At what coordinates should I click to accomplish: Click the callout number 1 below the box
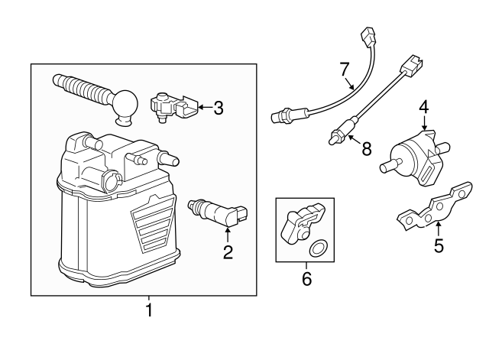coord(149,311)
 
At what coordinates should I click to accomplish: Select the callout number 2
coord(228,251)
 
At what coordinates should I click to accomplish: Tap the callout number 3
coord(219,108)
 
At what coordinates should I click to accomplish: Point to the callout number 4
coord(423,112)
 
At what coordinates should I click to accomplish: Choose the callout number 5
coord(438,245)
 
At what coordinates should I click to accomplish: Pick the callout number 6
coord(306,279)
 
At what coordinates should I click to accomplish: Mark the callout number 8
coord(367,148)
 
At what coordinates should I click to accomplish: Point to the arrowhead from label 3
coord(200,108)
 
